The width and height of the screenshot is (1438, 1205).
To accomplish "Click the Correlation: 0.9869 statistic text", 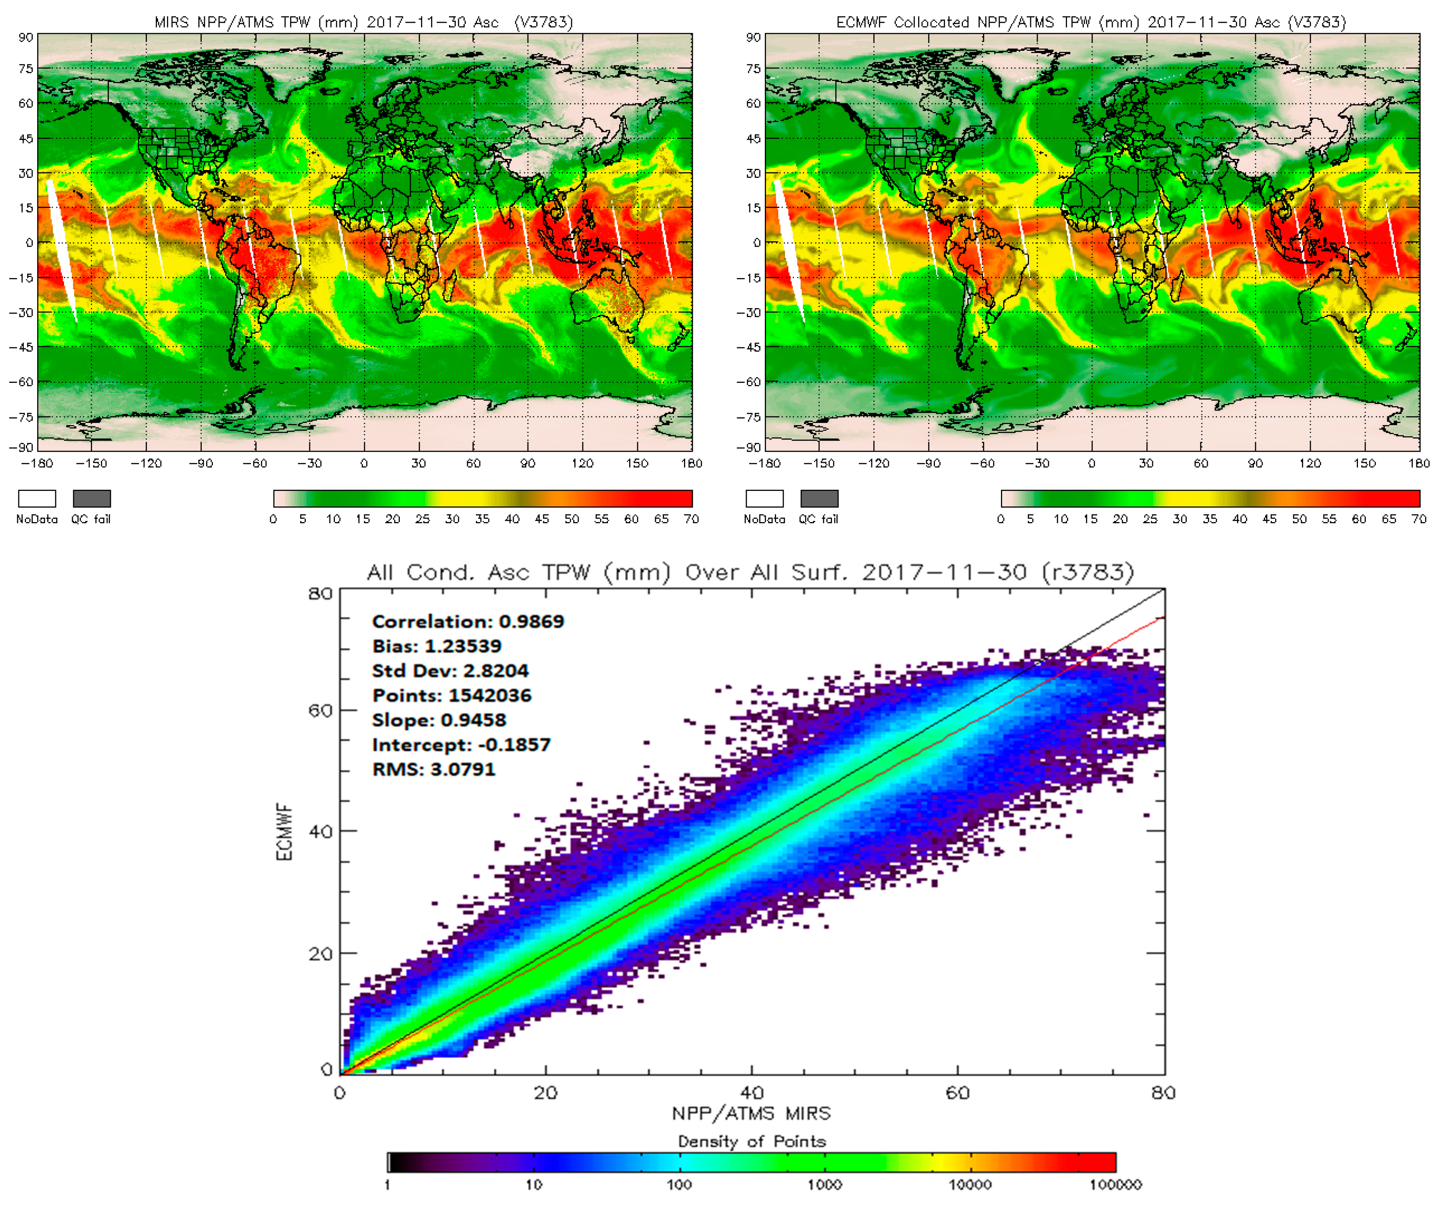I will (468, 622).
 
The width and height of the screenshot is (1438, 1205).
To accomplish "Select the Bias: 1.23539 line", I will (437, 647).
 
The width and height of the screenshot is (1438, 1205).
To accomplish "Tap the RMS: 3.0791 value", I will (433, 770).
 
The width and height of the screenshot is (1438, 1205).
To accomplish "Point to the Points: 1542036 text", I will (452, 696).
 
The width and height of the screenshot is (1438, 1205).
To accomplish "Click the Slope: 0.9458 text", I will (439, 720).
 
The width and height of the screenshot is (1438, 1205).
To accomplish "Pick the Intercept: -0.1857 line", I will (461, 745).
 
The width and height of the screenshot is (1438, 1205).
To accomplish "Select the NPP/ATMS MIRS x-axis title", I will (751, 1114).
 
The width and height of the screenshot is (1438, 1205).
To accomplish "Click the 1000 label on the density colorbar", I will (824, 1185).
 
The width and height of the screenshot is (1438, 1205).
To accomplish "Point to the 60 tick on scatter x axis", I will (957, 1093).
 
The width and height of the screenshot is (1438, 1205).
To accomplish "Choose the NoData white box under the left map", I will (37, 498).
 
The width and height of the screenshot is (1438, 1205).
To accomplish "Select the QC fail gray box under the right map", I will (819, 498).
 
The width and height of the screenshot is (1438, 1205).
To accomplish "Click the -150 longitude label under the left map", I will (91, 464).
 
